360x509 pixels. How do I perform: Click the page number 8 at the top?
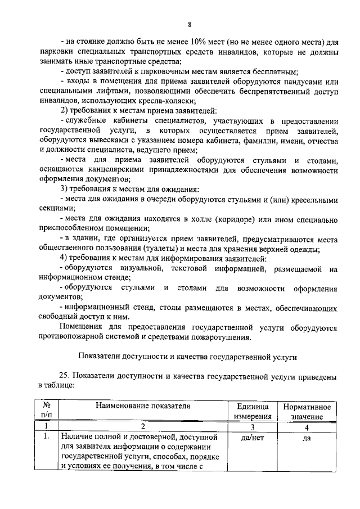190,24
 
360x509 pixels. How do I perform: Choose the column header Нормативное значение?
307,411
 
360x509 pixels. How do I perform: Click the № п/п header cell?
47,411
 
